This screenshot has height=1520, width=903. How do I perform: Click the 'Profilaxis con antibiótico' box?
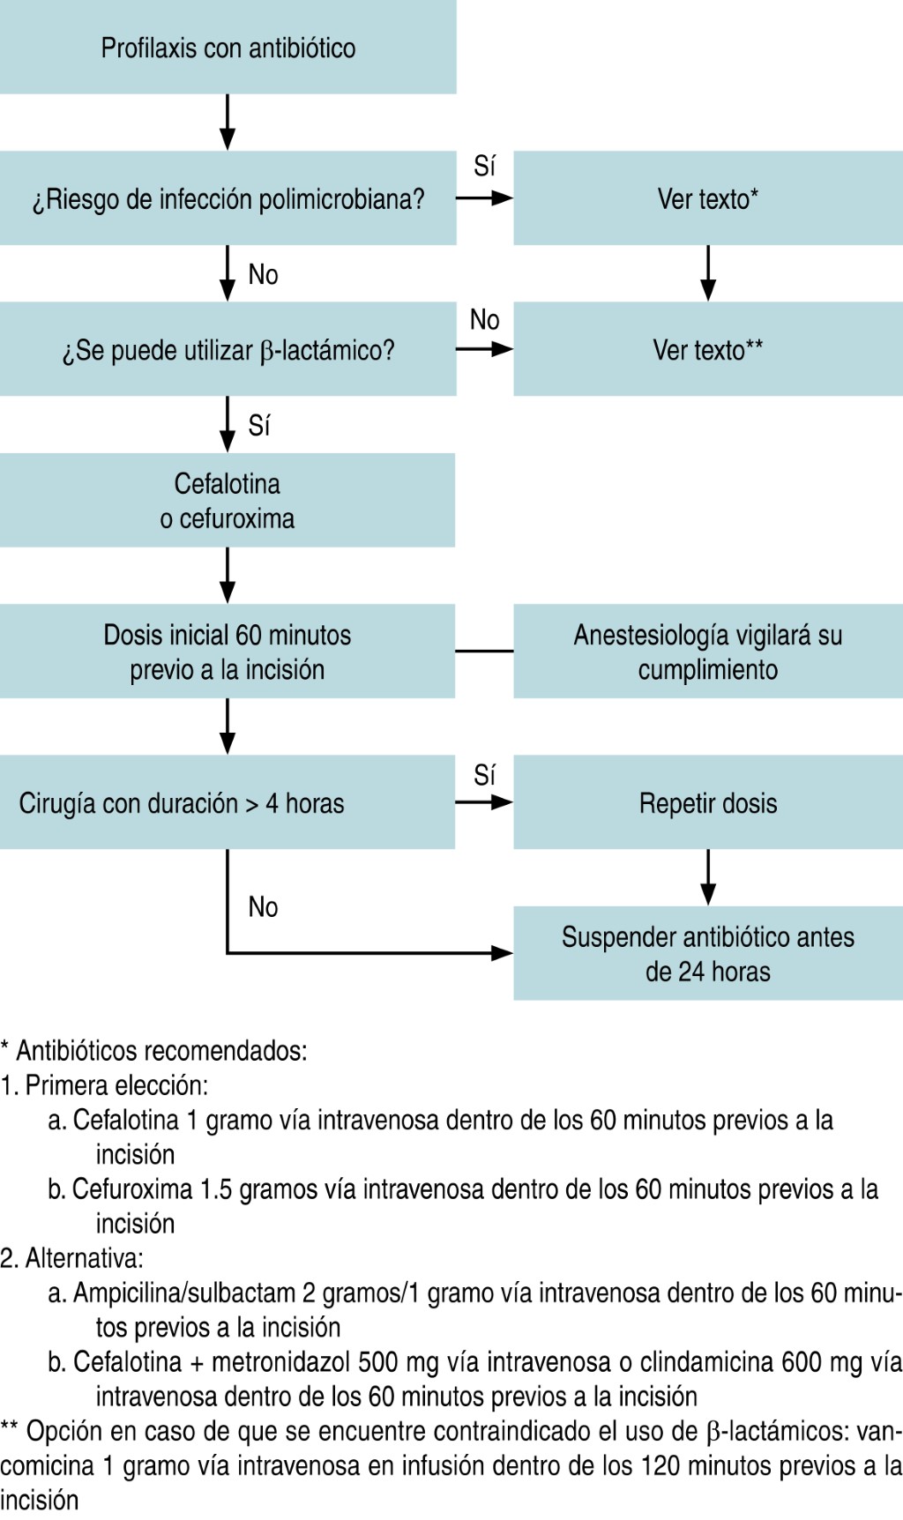[x=228, y=48]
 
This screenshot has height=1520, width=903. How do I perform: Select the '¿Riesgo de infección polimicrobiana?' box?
[x=228, y=198]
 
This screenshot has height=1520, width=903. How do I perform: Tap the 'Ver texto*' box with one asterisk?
[x=707, y=198]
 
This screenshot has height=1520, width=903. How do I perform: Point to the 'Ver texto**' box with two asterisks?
[x=707, y=349]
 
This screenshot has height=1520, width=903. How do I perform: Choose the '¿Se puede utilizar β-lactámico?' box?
[x=228, y=349]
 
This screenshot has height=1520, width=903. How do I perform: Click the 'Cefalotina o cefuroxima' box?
[x=228, y=500]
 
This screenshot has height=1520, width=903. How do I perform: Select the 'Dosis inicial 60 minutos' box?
[x=228, y=652]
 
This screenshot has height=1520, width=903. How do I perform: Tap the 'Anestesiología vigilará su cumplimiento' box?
[x=707, y=652]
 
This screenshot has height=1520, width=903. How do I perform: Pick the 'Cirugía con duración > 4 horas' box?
[x=228, y=802]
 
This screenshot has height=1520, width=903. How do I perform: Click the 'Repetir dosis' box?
[x=707, y=802]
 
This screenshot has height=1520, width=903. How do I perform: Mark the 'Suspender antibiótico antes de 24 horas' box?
[x=707, y=953]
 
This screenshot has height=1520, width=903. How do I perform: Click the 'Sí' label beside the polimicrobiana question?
[x=484, y=166]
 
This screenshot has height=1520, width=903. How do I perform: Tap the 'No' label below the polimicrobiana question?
[x=263, y=274]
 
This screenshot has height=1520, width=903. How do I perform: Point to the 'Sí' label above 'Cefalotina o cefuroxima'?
[x=259, y=426]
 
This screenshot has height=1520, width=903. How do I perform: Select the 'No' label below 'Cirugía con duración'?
[x=263, y=906]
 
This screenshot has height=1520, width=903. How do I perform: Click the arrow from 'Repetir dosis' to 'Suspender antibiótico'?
[x=708, y=878]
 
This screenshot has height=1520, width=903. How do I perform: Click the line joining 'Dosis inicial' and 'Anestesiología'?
[x=484, y=652]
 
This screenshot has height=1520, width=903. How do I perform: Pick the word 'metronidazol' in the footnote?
[x=280, y=1361]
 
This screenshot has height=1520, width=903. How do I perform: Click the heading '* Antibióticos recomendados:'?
[x=154, y=1050]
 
